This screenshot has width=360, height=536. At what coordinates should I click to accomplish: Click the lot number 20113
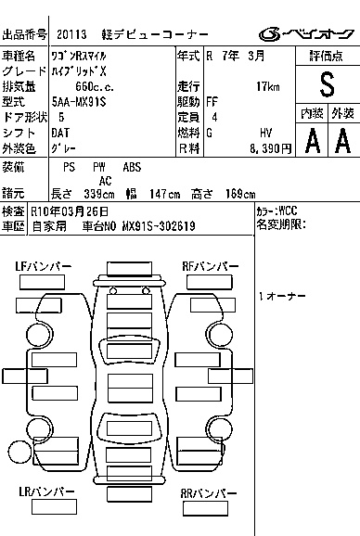71,34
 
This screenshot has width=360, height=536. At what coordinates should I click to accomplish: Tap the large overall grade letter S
327,84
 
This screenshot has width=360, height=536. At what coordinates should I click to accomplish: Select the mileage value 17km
268,86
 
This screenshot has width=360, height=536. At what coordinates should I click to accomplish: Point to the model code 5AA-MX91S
79,102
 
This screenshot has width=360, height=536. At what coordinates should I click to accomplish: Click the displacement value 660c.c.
95,86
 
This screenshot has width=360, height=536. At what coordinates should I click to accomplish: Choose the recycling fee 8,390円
270,148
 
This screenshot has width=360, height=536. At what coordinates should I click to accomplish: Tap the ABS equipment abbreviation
132,167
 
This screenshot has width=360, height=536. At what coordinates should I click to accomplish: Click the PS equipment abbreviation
69,167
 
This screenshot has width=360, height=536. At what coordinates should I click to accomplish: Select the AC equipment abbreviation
105,181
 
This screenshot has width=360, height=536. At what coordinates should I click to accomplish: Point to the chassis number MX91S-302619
159,226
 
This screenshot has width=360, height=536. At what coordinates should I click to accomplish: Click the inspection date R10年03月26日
70,211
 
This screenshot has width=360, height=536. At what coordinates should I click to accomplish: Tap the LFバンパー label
43,266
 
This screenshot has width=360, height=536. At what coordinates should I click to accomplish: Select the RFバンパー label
211,266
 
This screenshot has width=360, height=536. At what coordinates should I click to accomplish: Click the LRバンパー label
46,491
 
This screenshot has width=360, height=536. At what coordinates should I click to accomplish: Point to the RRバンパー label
208,493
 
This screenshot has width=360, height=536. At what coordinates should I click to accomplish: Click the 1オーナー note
282,296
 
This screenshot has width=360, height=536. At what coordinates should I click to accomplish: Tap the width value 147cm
164,194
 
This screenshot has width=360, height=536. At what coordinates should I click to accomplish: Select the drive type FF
212,102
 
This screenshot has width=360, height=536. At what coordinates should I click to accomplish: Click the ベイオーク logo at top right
306,33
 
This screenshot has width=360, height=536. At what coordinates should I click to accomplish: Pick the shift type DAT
60,133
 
